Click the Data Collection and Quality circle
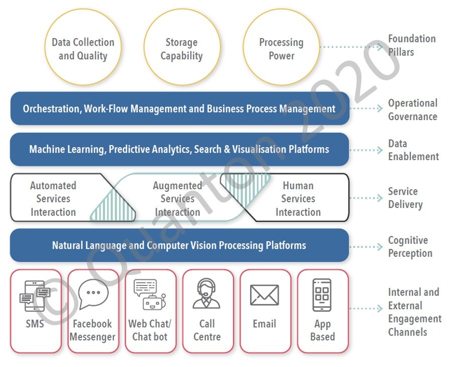pyautogui.click(x=83, y=49)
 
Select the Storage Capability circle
pyautogui.click(x=181, y=49)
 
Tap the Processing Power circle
pyautogui.click(x=281, y=49)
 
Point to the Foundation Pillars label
pyautogui.click(x=411, y=45)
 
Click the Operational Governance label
pyautogui.click(x=412, y=110)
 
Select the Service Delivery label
pyautogui.click(x=405, y=198)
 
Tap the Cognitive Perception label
pyautogui.click(x=410, y=247)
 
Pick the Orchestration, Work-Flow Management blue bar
pyautogui.click(x=179, y=108)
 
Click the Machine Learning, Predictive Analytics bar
pyautogui.click(x=179, y=149)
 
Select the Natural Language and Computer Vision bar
pyautogui.click(x=179, y=245)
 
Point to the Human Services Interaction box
pyautogui.click(x=298, y=198)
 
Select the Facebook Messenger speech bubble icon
pyautogui.click(x=93, y=294)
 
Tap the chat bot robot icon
pyautogui.click(x=149, y=295)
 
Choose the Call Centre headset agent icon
pyautogui.click(x=206, y=294)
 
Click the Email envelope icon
pyautogui.click(x=264, y=295)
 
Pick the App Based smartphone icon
pyautogui.click(x=322, y=295)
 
